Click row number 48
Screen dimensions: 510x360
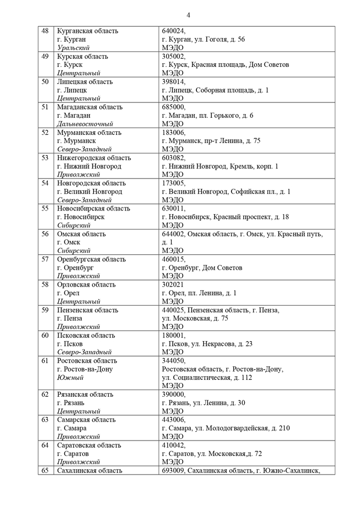(x=45, y=31)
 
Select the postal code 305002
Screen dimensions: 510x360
(x=174, y=56)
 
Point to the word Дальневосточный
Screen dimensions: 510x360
(x=85, y=124)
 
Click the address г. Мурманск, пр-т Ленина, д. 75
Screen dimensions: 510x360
(x=211, y=141)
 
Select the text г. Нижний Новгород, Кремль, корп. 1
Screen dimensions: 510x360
(x=220, y=166)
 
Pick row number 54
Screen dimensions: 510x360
(x=45, y=183)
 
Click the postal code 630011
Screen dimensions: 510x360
(x=174, y=208)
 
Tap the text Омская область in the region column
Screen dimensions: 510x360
(x=81, y=234)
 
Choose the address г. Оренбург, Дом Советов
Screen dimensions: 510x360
(x=202, y=268)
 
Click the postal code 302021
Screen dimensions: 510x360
(x=173, y=285)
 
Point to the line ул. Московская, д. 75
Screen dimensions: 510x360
(x=195, y=319)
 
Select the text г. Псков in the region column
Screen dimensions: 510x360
(x=70, y=344)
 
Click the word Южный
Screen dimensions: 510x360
(x=70, y=377)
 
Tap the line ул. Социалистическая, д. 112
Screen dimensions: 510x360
(x=207, y=377)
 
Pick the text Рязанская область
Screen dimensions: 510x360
(x=85, y=395)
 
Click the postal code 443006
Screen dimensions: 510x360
(x=174, y=420)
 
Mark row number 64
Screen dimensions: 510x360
(x=45, y=445)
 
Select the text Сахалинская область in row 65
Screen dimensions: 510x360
(x=89, y=470)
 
